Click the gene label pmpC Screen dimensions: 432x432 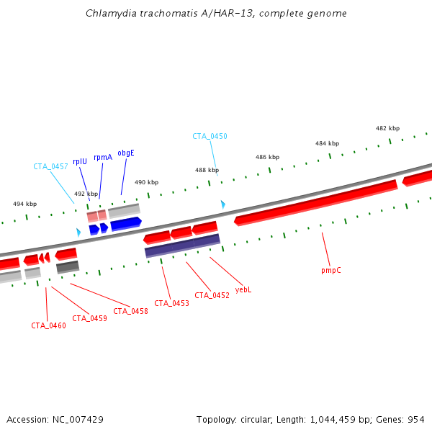[331, 271]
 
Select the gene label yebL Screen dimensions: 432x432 [243, 289]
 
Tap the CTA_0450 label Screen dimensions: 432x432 [210, 136]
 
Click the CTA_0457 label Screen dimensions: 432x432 [50, 166]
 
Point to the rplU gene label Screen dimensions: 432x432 [80, 161]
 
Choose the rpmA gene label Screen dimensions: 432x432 [103, 157]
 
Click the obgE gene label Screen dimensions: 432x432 [126, 153]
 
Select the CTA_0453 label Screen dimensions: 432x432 [171, 303]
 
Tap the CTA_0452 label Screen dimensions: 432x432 [212, 295]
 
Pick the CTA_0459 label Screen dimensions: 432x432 [89, 318]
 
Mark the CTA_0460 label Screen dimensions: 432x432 [48, 325]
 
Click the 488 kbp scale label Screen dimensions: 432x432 [207, 171]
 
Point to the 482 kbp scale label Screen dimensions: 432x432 [387, 128]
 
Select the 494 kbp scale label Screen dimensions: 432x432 [24, 204]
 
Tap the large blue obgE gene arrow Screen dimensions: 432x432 [126, 223]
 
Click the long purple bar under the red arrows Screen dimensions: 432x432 [182, 245]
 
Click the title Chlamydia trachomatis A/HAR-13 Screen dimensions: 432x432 [216, 13]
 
